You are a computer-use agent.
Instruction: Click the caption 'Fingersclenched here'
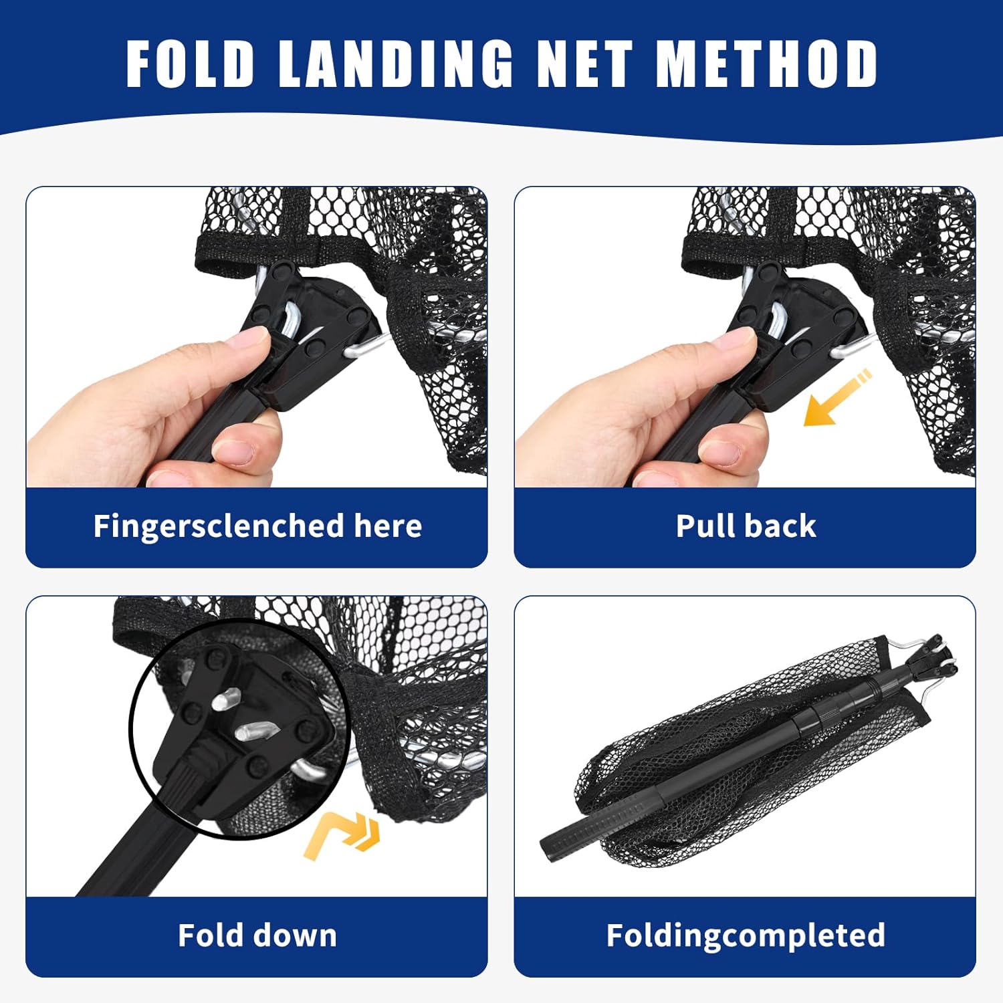257,526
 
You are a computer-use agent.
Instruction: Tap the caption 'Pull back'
746,526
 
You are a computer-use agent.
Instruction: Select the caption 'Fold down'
257,935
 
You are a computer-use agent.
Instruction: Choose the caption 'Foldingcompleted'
746,935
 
